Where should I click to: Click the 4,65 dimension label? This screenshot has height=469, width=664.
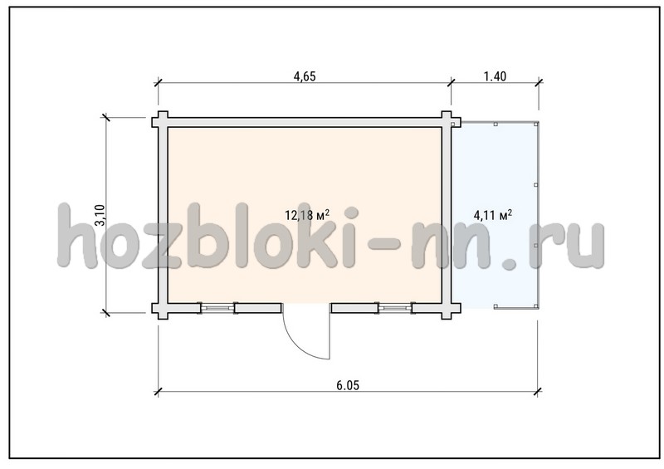(305, 76)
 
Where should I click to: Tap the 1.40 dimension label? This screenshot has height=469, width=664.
(495, 76)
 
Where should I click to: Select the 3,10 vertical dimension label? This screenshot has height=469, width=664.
(100, 215)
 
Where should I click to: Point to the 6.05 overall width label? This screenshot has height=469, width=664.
(348, 385)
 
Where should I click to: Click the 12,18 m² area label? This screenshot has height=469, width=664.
(307, 215)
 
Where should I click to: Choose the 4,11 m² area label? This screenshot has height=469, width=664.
(492, 215)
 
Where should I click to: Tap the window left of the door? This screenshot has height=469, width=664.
(217, 308)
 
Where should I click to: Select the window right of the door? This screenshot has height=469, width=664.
(395, 308)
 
